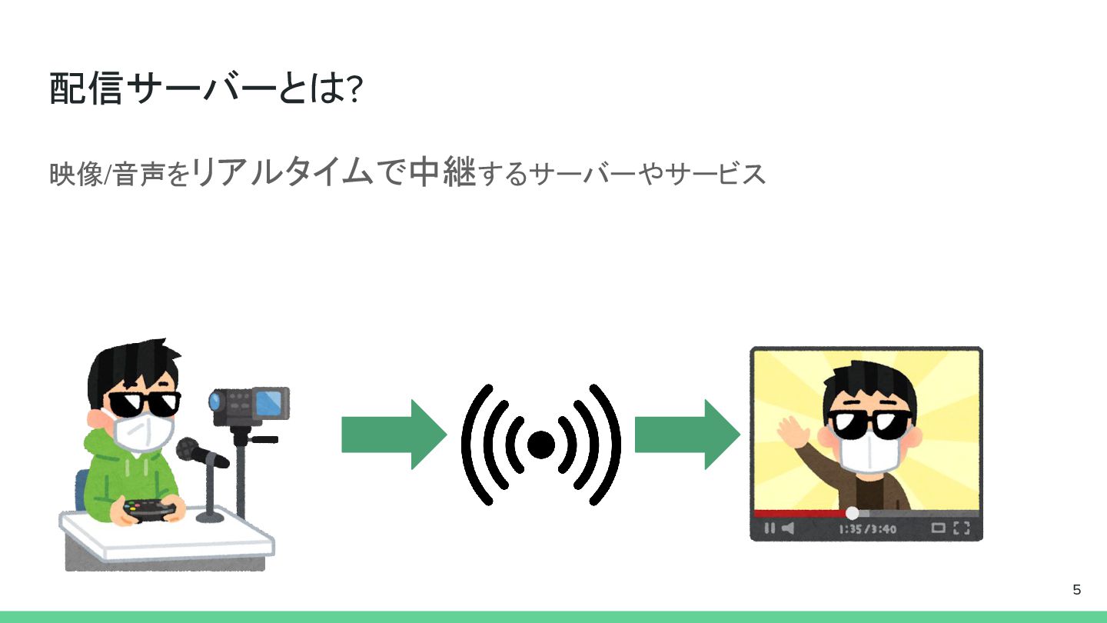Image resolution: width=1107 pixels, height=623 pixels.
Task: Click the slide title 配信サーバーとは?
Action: tap(206, 89)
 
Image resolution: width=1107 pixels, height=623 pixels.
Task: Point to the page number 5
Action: tap(1076, 590)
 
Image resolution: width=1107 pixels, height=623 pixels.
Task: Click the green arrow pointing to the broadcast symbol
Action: tap(393, 435)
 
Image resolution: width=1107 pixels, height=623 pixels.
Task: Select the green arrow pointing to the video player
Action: tap(686, 435)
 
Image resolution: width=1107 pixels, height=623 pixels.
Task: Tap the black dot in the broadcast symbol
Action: tap(541, 445)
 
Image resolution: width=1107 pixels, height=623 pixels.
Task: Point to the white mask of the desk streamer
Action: tap(143, 432)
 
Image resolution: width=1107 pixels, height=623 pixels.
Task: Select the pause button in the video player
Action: tap(770, 528)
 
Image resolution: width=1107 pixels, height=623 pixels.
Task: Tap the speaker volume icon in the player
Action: tap(788, 528)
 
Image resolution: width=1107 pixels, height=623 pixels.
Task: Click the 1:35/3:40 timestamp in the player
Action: tap(868, 529)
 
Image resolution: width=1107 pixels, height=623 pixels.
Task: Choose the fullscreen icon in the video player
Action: tap(962, 528)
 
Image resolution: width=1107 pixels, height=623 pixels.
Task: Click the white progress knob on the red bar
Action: tap(852, 513)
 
